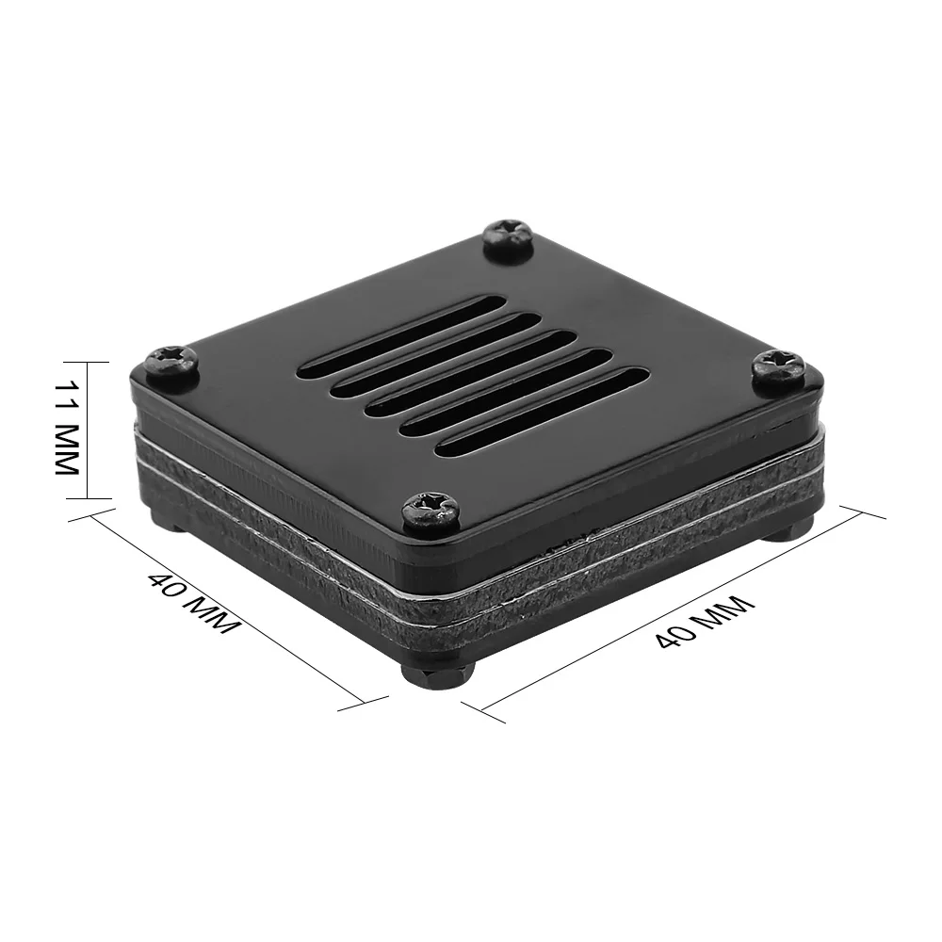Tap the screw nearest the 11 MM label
[172, 363]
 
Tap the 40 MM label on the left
[192, 603]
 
